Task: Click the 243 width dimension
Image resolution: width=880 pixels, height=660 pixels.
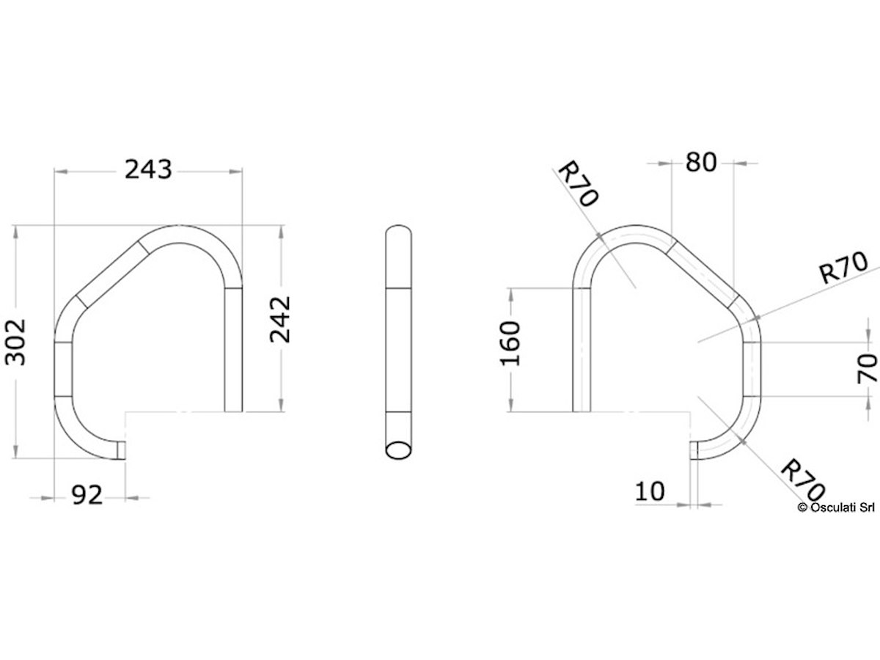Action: (x=148, y=169)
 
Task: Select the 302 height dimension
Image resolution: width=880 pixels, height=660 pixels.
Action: (x=15, y=342)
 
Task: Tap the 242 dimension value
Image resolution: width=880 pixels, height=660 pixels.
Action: (x=280, y=320)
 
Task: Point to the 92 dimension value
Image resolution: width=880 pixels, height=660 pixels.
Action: (x=87, y=496)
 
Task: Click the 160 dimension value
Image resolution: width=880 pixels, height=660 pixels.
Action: (x=510, y=344)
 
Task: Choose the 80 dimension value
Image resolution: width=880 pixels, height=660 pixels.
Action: (x=701, y=162)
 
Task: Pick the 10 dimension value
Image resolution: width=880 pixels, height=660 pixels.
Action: (x=650, y=491)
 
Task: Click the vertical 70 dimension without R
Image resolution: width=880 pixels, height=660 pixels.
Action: (x=868, y=369)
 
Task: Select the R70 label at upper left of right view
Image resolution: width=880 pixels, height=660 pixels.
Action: (x=578, y=184)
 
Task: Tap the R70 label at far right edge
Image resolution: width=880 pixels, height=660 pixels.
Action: (x=843, y=268)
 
